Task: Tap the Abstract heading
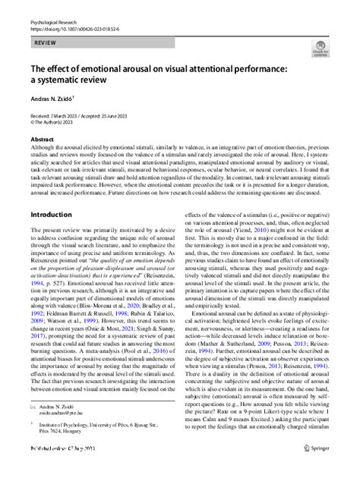point(43,140)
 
